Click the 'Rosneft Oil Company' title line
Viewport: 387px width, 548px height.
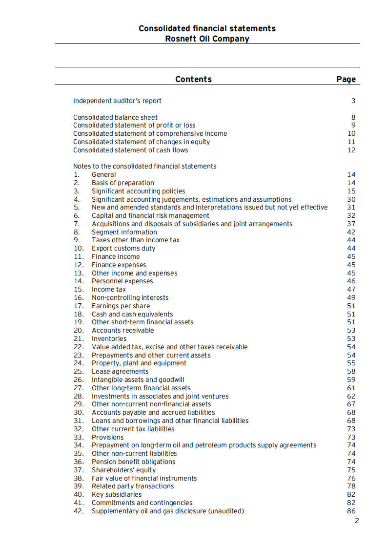click(x=207, y=39)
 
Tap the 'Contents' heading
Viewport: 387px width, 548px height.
click(x=193, y=79)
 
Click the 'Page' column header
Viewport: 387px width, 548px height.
click(x=346, y=79)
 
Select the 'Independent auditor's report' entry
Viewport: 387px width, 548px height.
click(x=117, y=101)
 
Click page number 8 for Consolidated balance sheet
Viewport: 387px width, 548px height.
click(x=353, y=117)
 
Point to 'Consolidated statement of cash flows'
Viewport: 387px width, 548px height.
click(x=130, y=150)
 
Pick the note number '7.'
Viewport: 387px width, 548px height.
click(x=77, y=224)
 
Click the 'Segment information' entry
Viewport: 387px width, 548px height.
click(x=124, y=232)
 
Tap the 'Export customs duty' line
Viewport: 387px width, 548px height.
click(x=123, y=248)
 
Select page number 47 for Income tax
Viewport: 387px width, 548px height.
click(x=351, y=289)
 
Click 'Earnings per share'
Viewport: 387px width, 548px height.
click(x=121, y=306)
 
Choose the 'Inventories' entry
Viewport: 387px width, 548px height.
click(x=109, y=338)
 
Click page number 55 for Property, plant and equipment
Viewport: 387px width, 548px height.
click(x=351, y=363)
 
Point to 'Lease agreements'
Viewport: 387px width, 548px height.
click(x=120, y=371)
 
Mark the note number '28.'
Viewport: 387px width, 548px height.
click(x=79, y=396)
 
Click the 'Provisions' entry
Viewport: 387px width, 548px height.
click(x=108, y=437)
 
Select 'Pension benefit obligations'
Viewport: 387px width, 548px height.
click(x=133, y=462)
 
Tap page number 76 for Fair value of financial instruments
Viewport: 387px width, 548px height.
click(x=351, y=478)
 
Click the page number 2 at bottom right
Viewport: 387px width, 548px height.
click(x=357, y=521)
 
